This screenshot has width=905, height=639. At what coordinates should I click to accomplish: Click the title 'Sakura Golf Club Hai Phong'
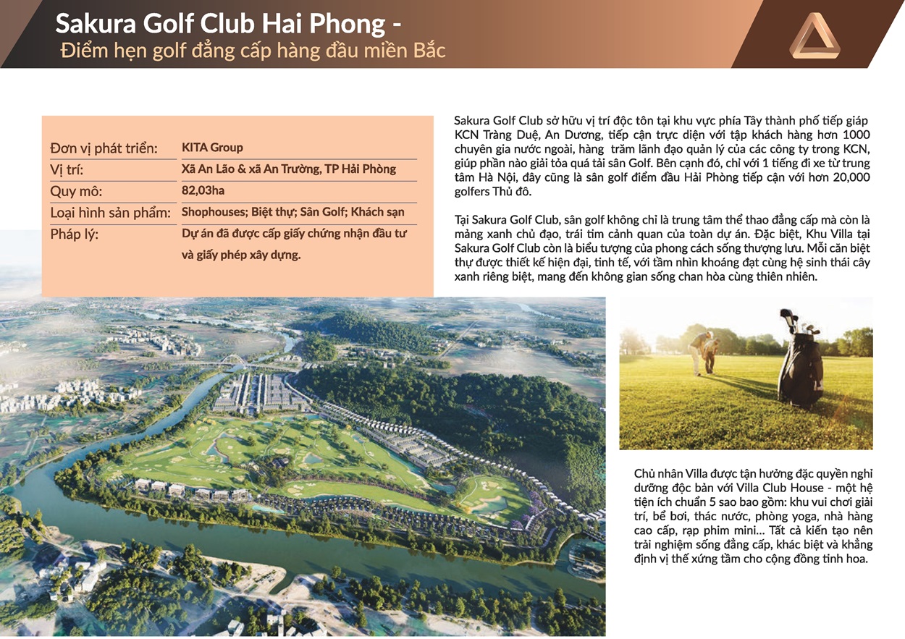coord(221,24)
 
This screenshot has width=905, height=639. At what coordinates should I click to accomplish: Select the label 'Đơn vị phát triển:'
coord(104,148)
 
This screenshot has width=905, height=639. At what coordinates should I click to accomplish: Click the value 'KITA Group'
coord(212,148)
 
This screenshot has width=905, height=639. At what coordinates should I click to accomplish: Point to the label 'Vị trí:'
coord(72,171)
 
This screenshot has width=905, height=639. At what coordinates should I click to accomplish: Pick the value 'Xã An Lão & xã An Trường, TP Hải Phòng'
coord(288,169)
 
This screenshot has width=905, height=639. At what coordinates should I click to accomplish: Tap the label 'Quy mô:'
coord(76,192)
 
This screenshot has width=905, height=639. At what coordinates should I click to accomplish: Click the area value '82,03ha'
coord(203,192)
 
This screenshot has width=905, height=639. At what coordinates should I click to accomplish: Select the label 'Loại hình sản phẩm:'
coord(110,213)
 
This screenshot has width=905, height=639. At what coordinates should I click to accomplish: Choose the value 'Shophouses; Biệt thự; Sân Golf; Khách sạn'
coord(292,213)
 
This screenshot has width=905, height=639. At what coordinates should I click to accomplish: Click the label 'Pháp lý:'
coord(74,234)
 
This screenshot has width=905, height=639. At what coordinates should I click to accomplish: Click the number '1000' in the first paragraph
coord(856,135)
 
